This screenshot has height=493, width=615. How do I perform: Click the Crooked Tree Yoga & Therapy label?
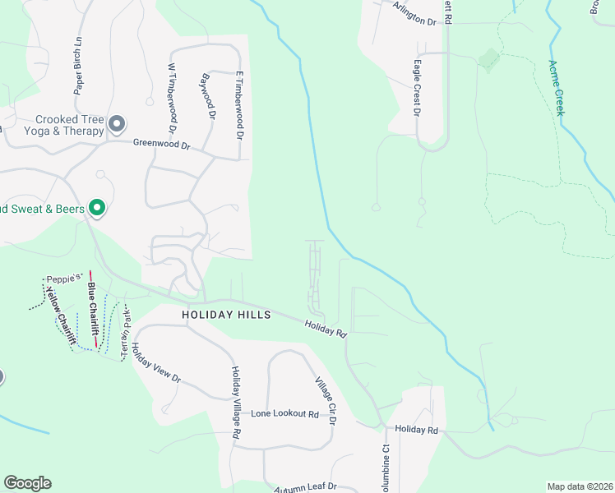[69, 125]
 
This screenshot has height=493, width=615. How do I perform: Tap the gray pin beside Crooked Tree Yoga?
[117, 125]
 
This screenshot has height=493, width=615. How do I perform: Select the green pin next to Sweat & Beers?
[97, 209]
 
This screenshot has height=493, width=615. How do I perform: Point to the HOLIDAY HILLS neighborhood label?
[226, 315]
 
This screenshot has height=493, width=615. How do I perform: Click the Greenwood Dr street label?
[162, 145]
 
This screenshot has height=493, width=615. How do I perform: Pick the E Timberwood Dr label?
[241, 103]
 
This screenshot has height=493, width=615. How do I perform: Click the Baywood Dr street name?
[207, 98]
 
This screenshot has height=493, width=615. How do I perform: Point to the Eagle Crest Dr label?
[418, 85]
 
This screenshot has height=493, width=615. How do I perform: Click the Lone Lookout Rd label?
[284, 414]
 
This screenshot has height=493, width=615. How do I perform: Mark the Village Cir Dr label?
[326, 401]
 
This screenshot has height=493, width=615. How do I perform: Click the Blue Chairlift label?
[94, 312]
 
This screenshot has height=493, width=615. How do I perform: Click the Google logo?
[27, 483]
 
